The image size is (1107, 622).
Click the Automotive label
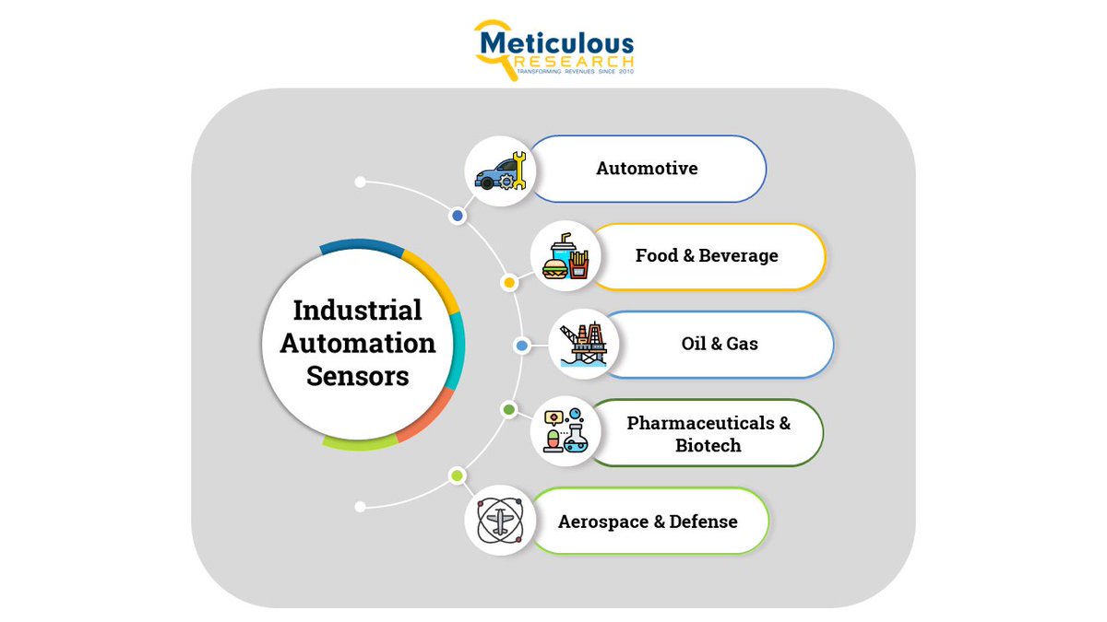pyautogui.click(x=647, y=169)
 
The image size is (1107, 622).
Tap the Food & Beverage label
pyautogui.click(x=707, y=255)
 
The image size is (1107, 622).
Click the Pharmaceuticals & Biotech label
pyautogui.click(x=708, y=434)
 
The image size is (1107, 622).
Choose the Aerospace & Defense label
pyautogui.click(x=648, y=522)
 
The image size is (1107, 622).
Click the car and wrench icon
pyautogui.click(x=499, y=170)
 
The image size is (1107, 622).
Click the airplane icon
pyautogui.click(x=499, y=521)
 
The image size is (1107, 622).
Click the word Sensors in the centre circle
pyautogui.click(x=358, y=377)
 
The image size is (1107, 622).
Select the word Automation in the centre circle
pyautogui.click(x=358, y=344)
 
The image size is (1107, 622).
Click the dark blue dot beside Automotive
pyautogui.click(x=457, y=216)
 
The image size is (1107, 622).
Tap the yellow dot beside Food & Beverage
pyautogui.click(x=508, y=282)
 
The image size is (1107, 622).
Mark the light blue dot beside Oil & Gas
pyautogui.click(x=521, y=346)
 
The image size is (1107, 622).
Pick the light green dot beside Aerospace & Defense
pyautogui.click(x=456, y=475)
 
